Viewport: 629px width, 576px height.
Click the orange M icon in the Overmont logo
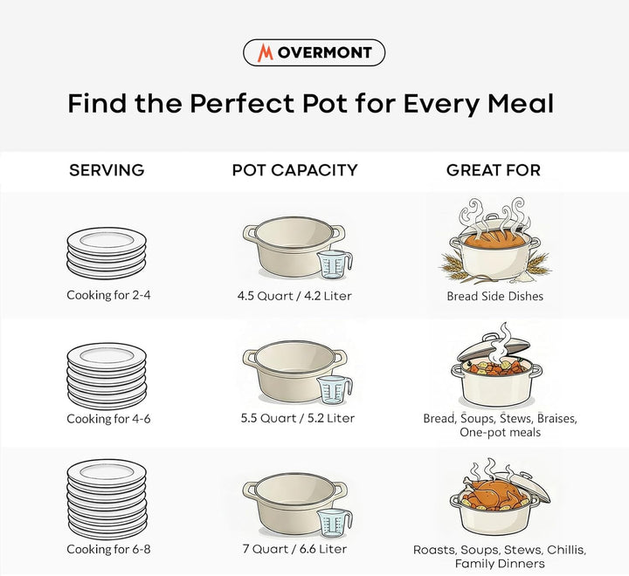coord(266,52)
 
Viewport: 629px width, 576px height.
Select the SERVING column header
coord(107,170)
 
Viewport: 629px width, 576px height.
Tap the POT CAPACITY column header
coord(295,170)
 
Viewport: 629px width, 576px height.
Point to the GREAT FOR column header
coord(494,170)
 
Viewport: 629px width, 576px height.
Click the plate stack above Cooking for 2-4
coord(107,253)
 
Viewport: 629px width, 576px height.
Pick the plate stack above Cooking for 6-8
coord(107,499)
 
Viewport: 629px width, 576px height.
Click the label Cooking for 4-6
coord(108,418)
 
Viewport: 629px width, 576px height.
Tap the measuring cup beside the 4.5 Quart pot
coord(335,264)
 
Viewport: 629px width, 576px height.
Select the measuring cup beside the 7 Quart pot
coord(335,523)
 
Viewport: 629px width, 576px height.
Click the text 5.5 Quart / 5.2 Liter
coord(298,418)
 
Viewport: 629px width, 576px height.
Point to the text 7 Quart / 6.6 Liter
coord(295,549)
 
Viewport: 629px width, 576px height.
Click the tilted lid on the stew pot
coord(493,348)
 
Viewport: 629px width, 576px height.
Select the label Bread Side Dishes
coord(495,296)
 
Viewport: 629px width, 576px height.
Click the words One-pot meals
coord(501,432)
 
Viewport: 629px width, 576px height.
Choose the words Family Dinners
coord(500,564)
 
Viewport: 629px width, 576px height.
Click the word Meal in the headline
coord(521,103)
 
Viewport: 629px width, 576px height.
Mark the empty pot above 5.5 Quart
coord(295,372)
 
